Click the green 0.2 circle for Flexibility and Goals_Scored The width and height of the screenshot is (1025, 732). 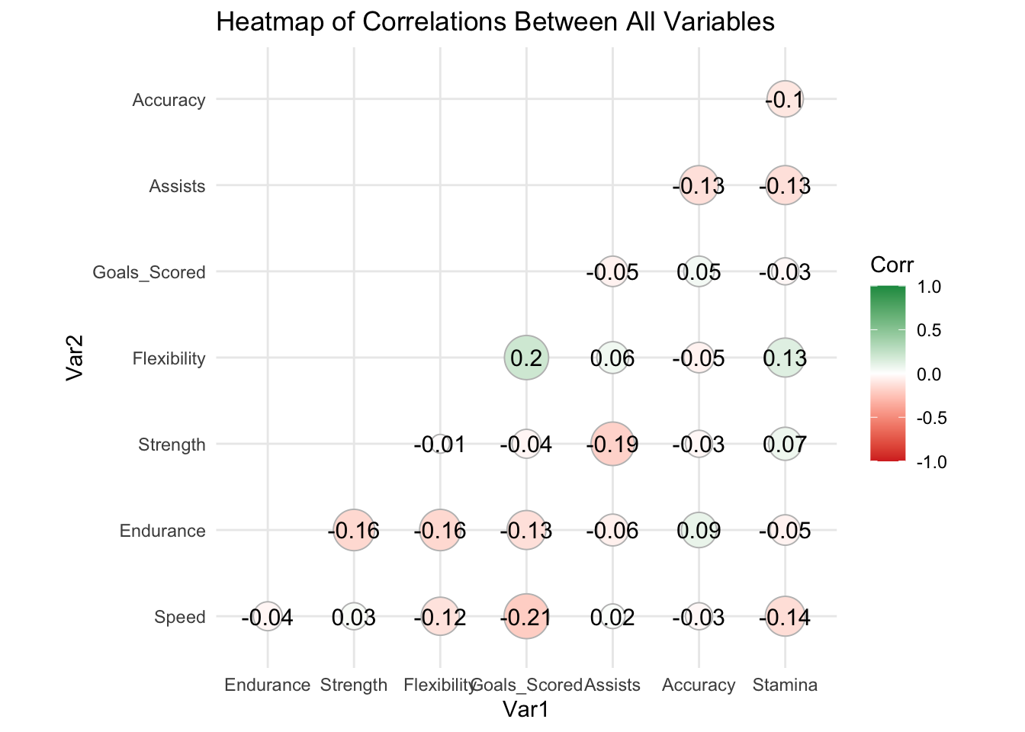526,358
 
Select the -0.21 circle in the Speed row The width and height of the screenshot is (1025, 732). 526,616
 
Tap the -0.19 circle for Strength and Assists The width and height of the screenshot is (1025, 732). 612,444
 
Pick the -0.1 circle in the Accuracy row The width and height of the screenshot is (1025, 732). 785,99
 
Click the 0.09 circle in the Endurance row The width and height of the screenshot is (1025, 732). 699,530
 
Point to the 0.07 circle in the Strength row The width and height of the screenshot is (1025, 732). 785,444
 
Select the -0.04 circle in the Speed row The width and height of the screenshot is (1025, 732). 268,616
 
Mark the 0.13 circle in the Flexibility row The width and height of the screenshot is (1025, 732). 785,358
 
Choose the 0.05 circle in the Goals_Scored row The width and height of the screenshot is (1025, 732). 699,271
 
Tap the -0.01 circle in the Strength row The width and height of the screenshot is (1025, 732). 440,444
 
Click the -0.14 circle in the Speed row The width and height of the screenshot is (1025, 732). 785,616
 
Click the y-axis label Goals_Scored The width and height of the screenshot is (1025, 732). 149,272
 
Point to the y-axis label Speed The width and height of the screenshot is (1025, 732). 179,617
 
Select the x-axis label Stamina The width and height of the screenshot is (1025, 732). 785,685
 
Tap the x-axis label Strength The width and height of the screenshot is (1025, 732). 354,685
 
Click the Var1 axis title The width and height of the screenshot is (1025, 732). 525,709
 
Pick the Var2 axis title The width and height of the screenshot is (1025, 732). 74,358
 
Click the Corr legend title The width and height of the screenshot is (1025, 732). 892,265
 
